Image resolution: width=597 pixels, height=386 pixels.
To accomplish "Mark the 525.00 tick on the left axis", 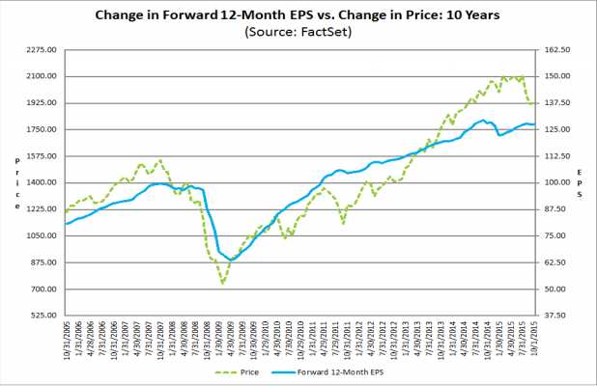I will [43, 316].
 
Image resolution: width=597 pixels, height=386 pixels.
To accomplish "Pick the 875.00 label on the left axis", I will [43, 262].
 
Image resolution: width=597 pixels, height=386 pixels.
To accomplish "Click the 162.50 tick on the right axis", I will [562, 49].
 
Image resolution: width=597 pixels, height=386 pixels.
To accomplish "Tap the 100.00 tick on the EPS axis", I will [562, 182].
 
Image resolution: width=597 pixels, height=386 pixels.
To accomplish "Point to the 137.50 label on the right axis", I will [562, 102].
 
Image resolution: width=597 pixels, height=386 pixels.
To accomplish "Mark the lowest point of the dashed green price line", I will [223, 283].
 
